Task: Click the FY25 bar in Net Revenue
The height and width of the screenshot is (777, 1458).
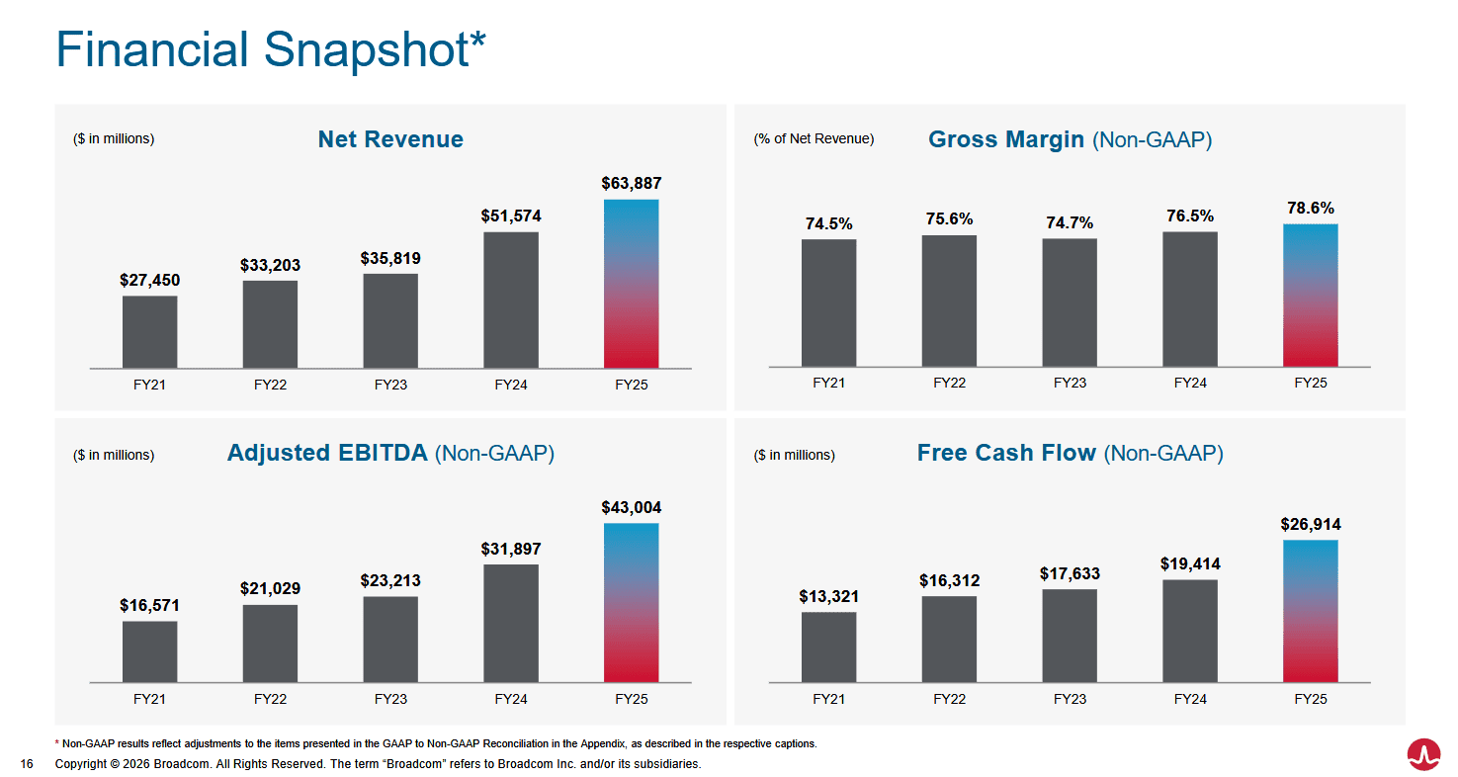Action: tap(631, 284)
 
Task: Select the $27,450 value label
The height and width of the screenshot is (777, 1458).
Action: tap(149, 281)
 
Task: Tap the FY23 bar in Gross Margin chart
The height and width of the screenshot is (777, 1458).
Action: tap(1070, 302)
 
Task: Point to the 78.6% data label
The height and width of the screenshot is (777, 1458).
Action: tap(1310, 209)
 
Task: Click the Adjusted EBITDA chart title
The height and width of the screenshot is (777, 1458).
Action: tap(390, 453)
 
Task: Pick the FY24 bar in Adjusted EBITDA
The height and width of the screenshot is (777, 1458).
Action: tap(510, 623)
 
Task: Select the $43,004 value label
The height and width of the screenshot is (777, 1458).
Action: tap(631, 508)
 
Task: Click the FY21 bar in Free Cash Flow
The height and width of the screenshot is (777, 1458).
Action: tap(828, 647)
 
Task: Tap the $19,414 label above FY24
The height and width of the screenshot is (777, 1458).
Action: tap(1190, 564)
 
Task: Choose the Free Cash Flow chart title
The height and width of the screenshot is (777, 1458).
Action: tap(1070, 453)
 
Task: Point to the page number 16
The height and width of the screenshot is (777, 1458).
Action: tap(27, 764)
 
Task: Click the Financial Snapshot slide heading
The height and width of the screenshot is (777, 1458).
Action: tap(271, 49)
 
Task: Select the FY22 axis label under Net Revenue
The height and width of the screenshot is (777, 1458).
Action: tap(270, 385)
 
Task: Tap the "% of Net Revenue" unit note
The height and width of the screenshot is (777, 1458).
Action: tap(814, 139)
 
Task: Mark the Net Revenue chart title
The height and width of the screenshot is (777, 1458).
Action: tap(390, 139)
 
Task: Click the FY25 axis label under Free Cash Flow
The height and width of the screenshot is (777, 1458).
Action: tap(1310, 699)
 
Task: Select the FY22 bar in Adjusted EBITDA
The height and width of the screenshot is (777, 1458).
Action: tap(270, 644)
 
